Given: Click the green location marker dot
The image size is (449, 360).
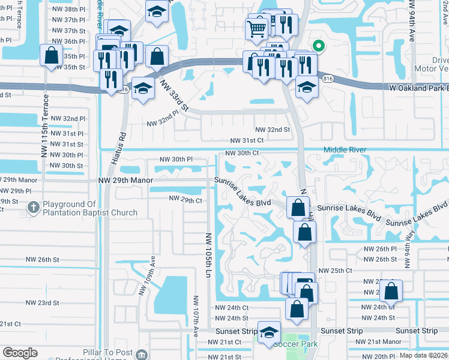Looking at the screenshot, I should [319, 45].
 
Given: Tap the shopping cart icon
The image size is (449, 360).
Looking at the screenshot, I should [257, 28].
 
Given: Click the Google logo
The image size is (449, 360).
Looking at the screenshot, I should [20, 353].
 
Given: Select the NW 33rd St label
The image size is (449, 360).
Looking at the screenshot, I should [178, 100].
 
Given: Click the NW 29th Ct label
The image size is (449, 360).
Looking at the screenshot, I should [185, 199].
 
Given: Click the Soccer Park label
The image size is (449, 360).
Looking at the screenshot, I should [295, 344].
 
